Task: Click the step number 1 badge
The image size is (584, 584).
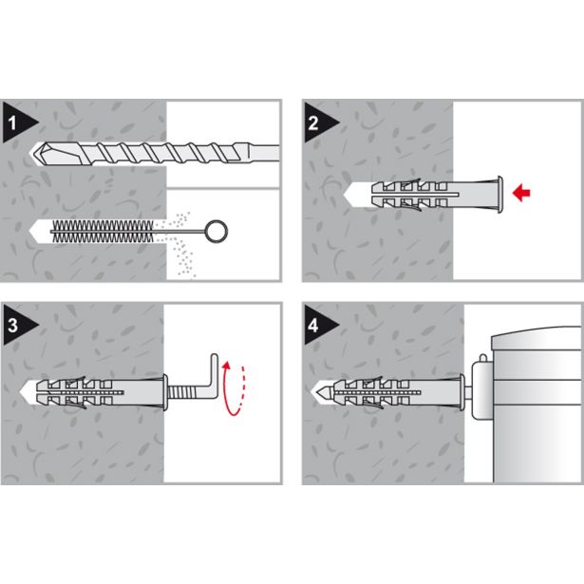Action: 17,122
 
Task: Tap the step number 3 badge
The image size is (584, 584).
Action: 17,325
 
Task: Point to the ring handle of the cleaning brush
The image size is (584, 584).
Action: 216,232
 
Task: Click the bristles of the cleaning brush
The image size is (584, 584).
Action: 102,232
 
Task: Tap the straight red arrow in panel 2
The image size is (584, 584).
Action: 521,193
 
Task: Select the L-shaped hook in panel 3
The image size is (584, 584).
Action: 211,375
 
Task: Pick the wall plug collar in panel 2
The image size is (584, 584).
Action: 499,195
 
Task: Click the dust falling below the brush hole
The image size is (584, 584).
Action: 183,257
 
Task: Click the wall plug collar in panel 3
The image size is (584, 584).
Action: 165,392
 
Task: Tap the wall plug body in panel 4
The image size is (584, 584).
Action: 396,392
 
